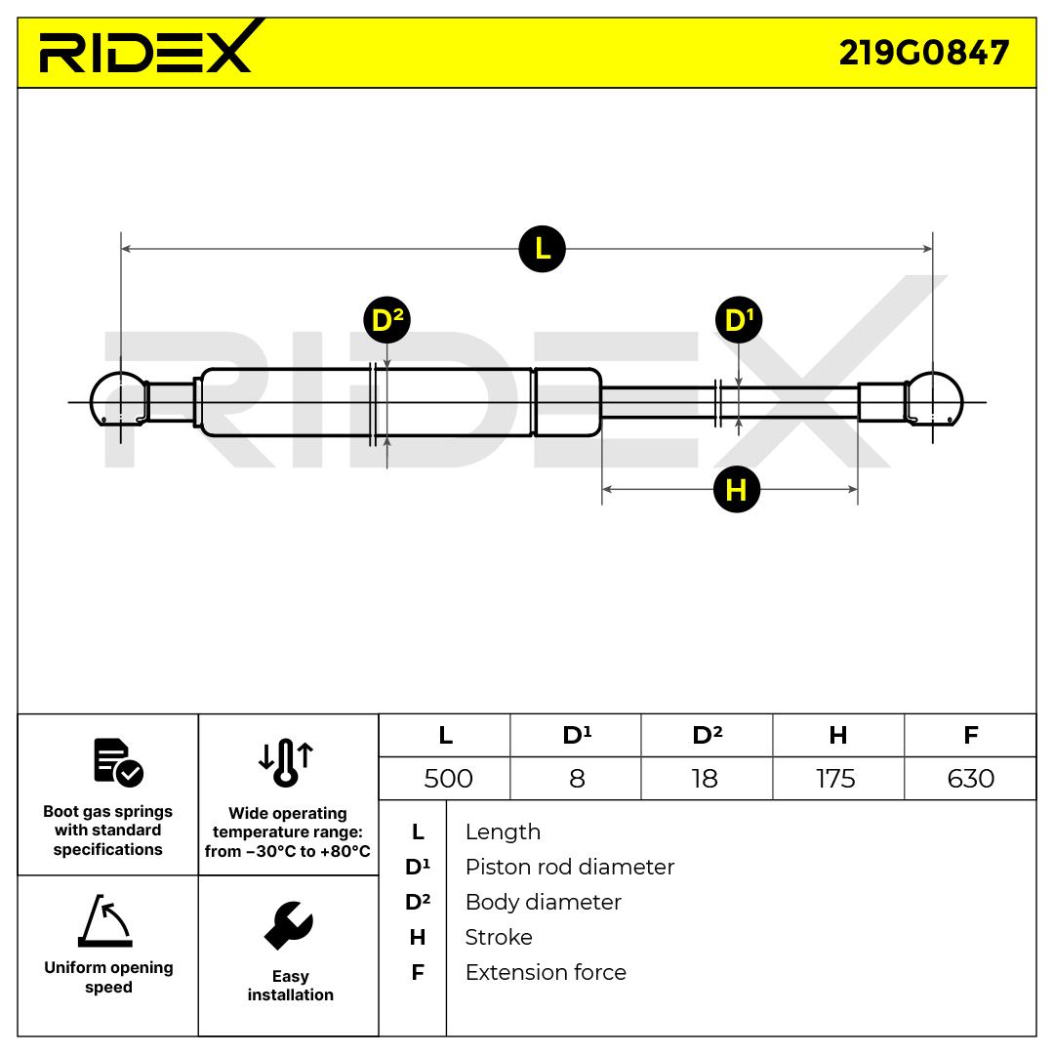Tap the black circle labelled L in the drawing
542,249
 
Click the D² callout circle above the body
386,320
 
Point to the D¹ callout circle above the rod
738,320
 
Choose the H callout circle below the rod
736,489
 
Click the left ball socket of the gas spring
117,401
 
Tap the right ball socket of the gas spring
935,401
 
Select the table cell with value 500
448,778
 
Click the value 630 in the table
970,778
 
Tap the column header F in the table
970,735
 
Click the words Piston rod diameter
569,867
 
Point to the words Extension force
546,972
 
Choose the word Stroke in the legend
499,937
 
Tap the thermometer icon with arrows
286,762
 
